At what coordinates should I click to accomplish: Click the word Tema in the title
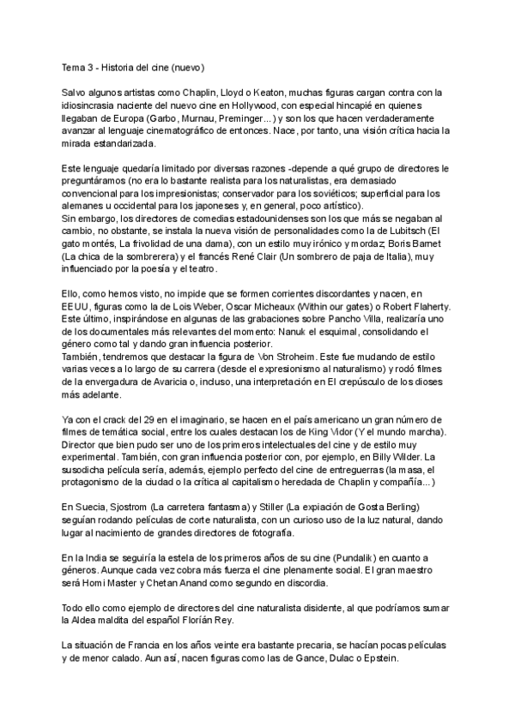click(75, 67)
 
